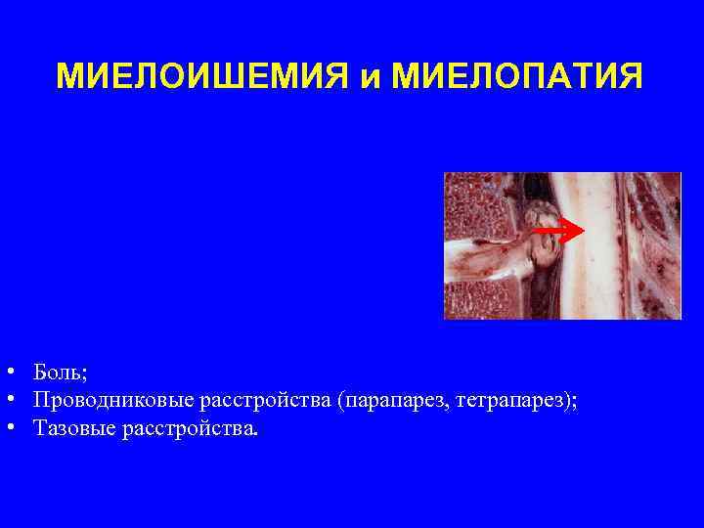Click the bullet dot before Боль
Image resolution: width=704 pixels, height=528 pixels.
tap(8, 373)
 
